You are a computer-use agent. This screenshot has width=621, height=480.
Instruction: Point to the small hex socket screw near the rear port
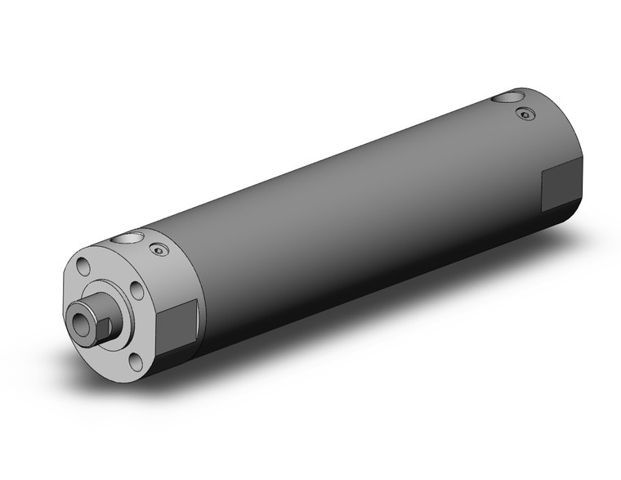(x=525, y=114)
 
